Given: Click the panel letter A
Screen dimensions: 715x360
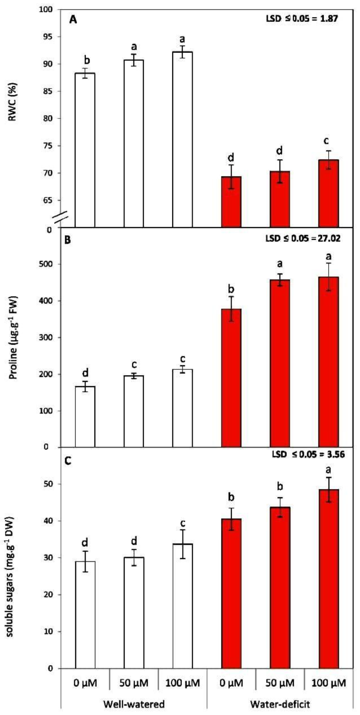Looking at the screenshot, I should point(73,20).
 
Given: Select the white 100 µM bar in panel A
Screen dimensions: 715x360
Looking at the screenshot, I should point(182,139).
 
